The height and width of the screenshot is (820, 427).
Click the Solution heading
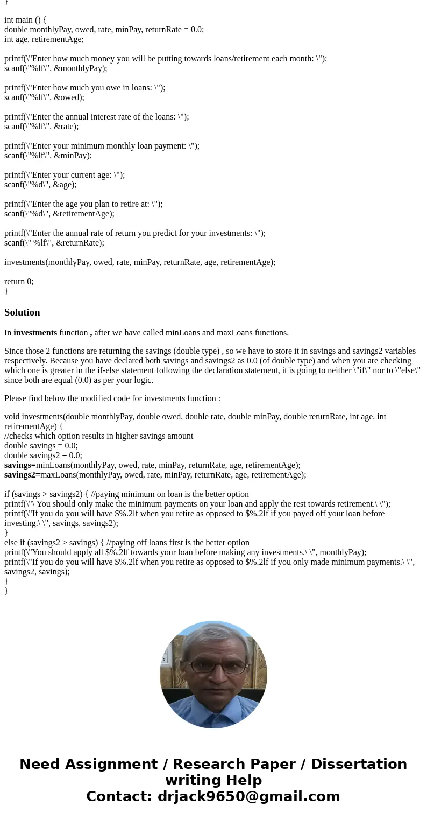point(22,312)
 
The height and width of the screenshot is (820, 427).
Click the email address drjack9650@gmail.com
point(248,796)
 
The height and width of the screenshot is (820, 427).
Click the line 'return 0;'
point(19,281)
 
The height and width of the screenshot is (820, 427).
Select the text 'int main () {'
point(25,20)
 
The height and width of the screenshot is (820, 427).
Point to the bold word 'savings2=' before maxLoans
point(22,475)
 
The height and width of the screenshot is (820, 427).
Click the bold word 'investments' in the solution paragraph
point(35,333)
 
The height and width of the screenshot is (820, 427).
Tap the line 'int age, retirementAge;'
point(44,39)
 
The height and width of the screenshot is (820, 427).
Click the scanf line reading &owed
point(44,97)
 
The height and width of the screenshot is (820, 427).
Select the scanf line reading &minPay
point(48,156)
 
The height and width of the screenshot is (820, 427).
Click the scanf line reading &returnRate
point(54,243)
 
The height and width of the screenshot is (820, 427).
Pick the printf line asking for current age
point(65,175)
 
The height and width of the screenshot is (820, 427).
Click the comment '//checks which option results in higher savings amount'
point(98,436)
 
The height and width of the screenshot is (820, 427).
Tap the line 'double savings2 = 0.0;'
point(43,455)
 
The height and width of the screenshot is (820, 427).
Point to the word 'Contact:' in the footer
point(119,796)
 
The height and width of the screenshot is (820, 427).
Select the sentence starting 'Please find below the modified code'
point(112,398)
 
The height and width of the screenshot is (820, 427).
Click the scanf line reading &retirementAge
point(59,214)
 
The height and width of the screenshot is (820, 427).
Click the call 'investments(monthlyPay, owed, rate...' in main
point(140,262)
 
